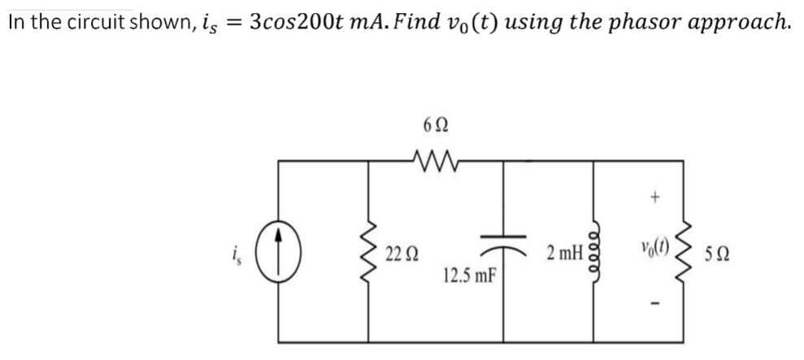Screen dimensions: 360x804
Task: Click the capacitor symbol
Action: click(505, 243)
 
